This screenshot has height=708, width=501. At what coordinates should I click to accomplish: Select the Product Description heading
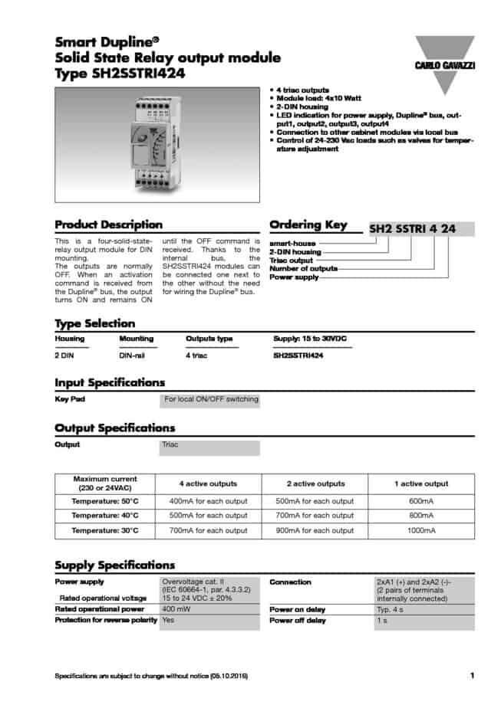[x=108, y=225]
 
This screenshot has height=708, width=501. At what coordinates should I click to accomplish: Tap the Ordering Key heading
[x=308, y=225]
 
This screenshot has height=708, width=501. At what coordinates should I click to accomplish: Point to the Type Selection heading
[x=95, y=323]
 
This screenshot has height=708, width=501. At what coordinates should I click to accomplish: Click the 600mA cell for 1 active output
[x=421, y=501]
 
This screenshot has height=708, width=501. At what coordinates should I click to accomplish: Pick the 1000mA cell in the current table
[x=421, y=530]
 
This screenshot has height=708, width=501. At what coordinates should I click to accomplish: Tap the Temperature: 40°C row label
[x=105, y=516]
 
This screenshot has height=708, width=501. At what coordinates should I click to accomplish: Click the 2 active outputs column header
[x=315, y=484]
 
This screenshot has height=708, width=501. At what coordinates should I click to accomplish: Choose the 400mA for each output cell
[x=208, y=501]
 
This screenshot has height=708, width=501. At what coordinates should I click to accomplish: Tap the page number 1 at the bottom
[x=471, y=675]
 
